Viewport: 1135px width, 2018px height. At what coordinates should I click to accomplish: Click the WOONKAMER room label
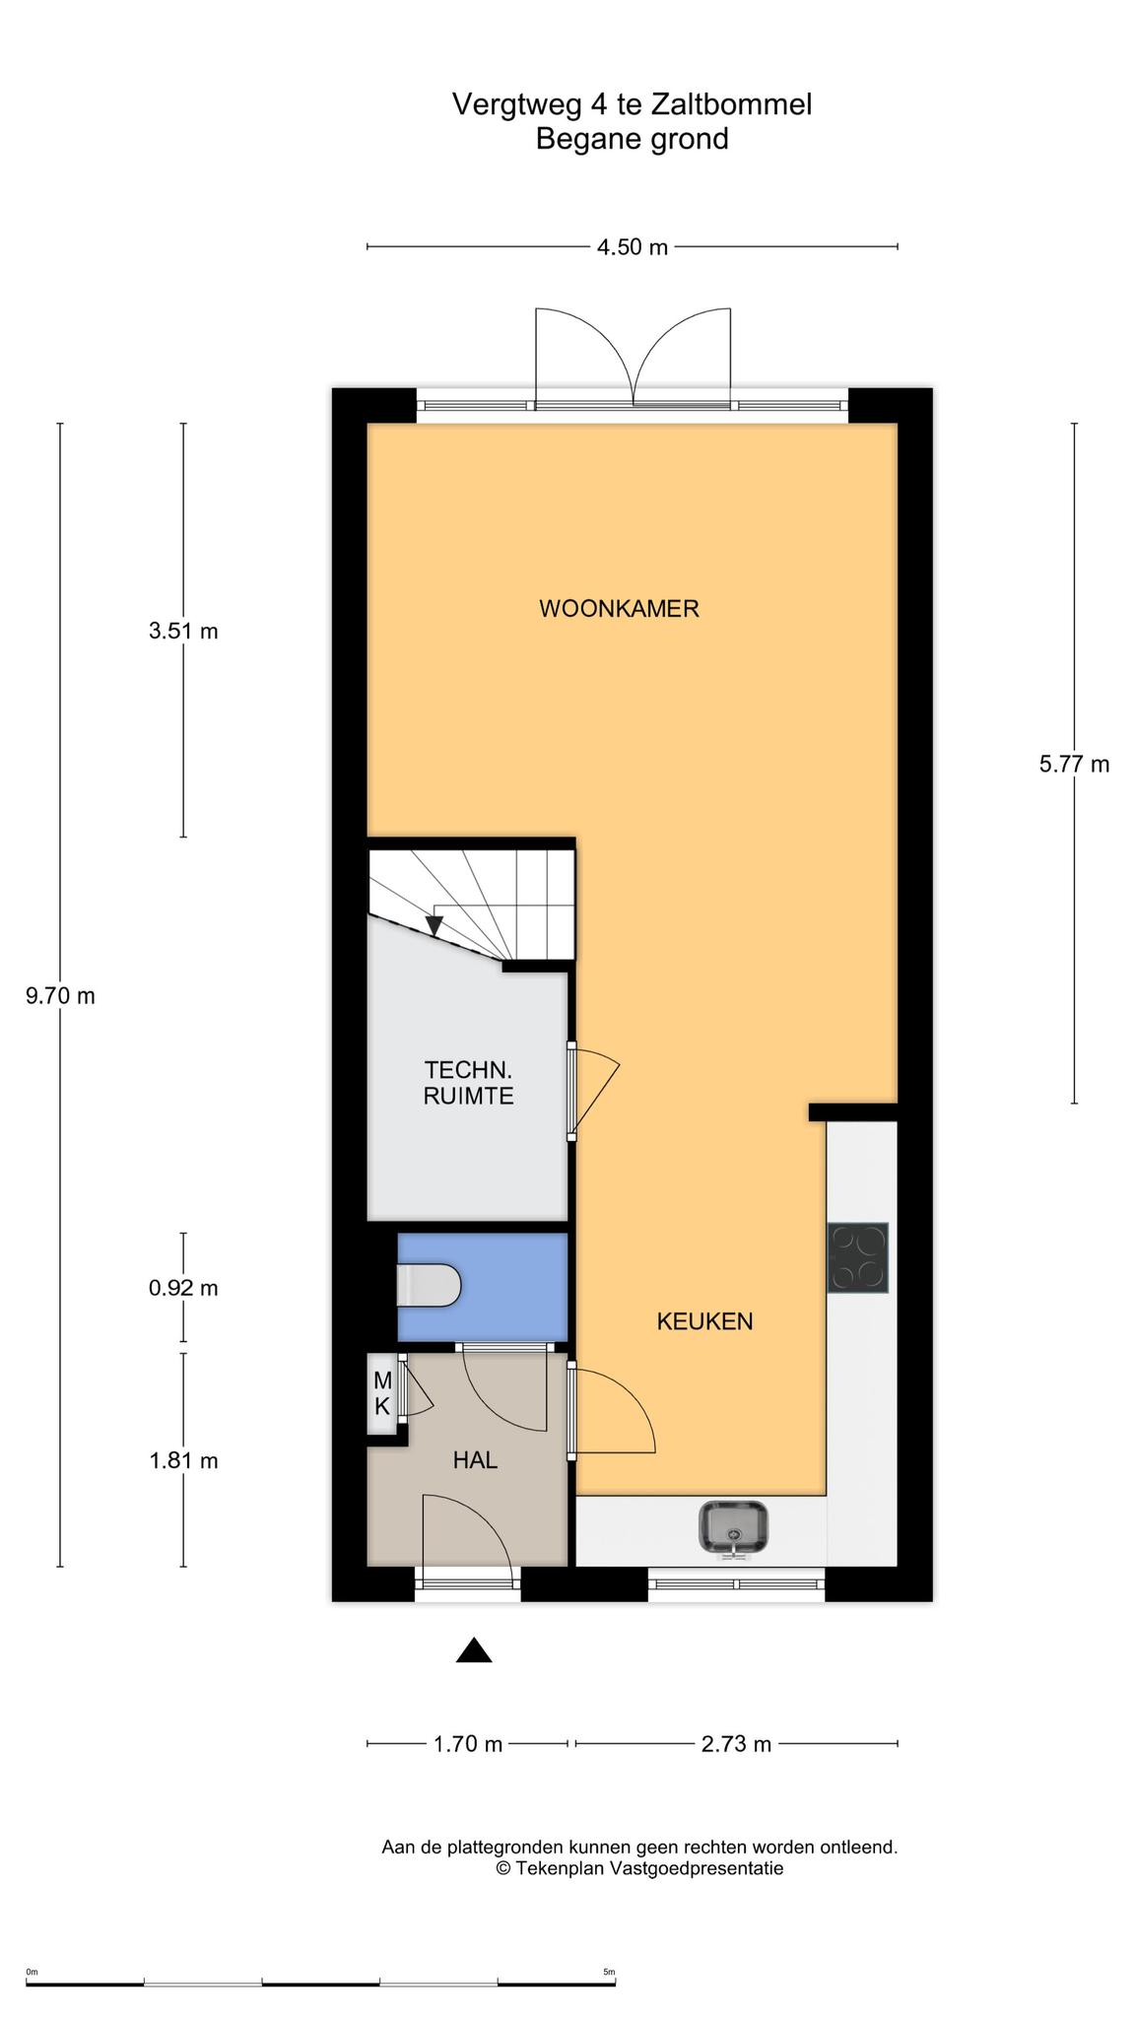click(x=619, y=609)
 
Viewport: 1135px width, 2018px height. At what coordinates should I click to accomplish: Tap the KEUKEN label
click(x=704, y=1321)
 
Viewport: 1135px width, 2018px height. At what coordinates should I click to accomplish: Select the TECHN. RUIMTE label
click(x=469, y=1083)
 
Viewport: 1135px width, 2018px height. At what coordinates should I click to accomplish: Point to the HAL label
click(x=475, y=1460)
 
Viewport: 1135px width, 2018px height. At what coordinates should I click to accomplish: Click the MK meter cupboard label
click(x=382, y=1394)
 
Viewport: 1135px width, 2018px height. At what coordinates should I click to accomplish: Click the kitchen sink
click(x=734, y=1528)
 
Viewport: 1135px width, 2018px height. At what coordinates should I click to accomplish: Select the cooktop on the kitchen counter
click(x=858, y=1257)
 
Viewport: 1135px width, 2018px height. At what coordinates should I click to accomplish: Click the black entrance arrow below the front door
click(x=474, y=1650)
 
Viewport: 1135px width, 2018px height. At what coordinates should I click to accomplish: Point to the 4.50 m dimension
click(x=633, y=247)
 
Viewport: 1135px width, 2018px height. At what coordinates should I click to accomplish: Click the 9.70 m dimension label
click(x=60, y=996)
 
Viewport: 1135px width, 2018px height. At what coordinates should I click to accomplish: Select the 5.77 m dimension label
click(x=1074, y=765)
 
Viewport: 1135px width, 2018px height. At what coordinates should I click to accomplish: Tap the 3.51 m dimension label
click(x=183, y=632)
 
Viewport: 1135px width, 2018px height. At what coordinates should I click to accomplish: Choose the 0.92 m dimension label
click(x=183, y=1289)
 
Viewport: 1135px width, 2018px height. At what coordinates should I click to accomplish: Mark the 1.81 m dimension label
click(x=183, y=1461)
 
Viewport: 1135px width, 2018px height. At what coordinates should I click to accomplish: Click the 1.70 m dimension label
click(x=468, y=1745)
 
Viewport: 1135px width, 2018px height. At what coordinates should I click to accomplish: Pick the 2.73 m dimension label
click(x=736, y=1745)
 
